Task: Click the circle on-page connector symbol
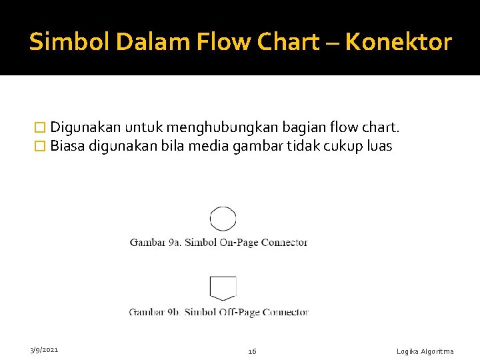point(223,219)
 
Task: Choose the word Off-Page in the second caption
point(240,312)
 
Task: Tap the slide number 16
point(252,351)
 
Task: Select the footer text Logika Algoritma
point(425,351)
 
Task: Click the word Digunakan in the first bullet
point(85,127)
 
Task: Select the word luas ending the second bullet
point(379,146)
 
